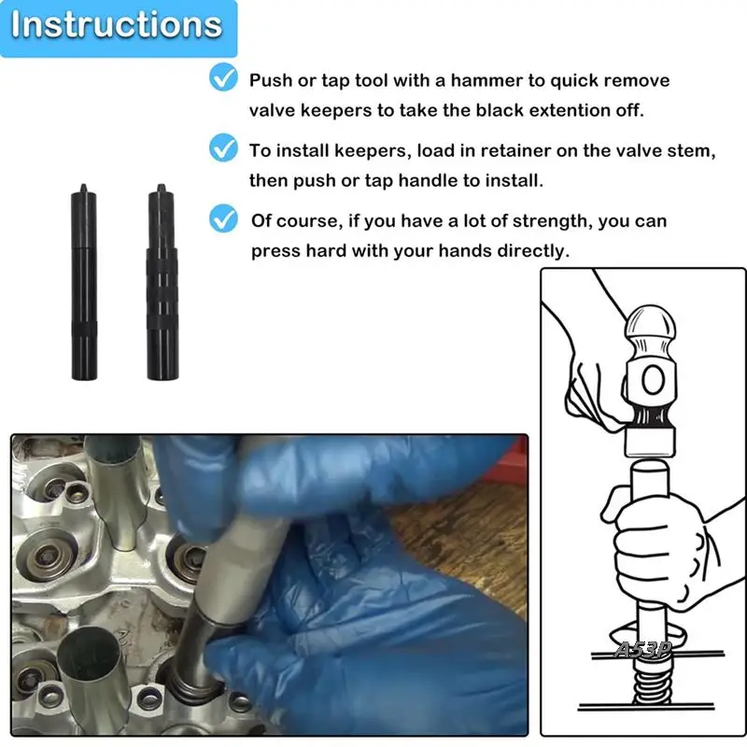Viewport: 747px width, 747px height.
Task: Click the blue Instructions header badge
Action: point(119,28)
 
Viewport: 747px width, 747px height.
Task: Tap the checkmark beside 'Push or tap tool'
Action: point(223,77)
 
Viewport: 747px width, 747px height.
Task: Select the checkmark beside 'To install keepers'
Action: point(223,148)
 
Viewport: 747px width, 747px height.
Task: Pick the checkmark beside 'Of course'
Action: point(223,218)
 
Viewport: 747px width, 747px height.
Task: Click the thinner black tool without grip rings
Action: point(84,282)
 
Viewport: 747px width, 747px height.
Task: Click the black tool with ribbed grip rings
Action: point(162,282)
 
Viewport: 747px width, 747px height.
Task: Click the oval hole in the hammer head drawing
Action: point(653,380)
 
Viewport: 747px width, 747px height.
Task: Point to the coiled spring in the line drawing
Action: point(652,683)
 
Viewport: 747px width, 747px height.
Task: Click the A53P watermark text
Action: point(642,649)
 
